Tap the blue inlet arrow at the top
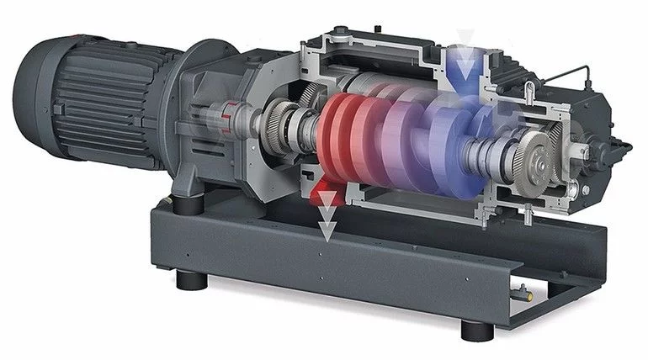461,63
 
